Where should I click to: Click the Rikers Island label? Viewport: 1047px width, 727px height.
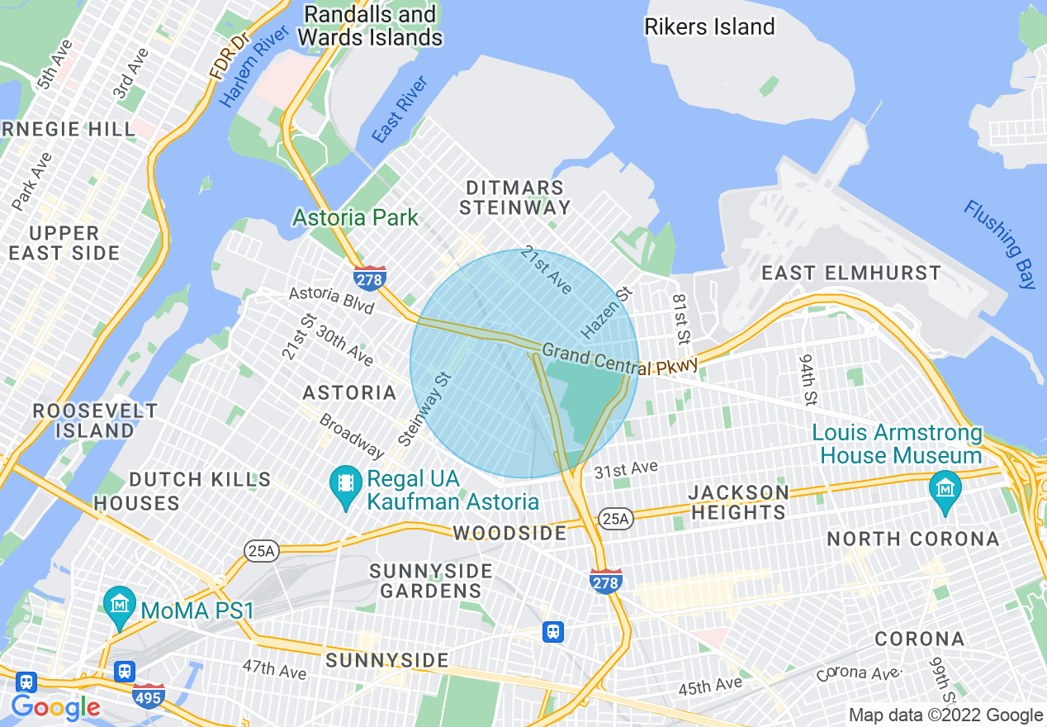click(x=709, y=26)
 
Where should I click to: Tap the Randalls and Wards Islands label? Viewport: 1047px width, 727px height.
click(x=369, y=26)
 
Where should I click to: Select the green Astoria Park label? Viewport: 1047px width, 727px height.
click(x=355, y=217)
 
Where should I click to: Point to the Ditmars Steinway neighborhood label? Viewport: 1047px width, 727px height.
click(x=514, y=197)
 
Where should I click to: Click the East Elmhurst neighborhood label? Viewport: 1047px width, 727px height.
click(x=850, y=273)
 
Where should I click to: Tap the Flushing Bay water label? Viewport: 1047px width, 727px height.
click(x=1000, y=244)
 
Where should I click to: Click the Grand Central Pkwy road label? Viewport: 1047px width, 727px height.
click(x=620, y=360)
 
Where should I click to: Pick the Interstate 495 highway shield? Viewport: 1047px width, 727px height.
click(x=149, y=696)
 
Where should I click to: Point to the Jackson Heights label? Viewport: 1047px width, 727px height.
click(x=738, y=502)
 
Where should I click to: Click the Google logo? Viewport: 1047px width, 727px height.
click(x=55, y=708)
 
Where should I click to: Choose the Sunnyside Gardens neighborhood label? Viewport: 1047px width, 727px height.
click(x=430, y=581)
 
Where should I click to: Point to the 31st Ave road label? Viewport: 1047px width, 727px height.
click(x=626, y=469)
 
